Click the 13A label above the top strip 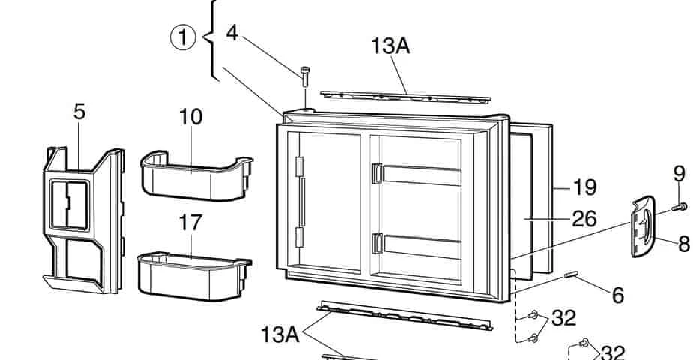(390, 46)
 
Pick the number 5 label (79, 112)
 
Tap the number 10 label (190, 118)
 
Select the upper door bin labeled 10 (195, 175)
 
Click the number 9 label (679, 174)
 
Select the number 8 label (684, 244)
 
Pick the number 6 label (617, 295)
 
